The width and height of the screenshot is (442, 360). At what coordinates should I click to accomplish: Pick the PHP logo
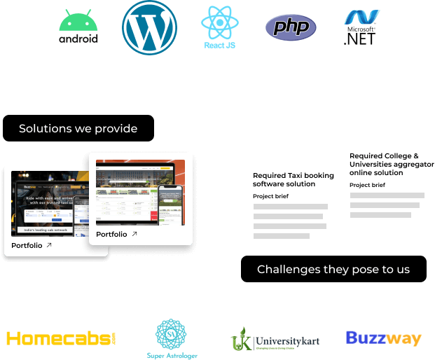291,29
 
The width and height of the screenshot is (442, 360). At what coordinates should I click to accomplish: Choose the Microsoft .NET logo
361,29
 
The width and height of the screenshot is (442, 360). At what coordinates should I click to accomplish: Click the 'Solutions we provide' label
78,129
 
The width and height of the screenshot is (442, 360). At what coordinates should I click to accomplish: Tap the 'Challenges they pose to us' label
333,269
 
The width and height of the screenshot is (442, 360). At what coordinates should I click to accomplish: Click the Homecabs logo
62,339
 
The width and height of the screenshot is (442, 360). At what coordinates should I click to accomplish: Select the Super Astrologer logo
172,339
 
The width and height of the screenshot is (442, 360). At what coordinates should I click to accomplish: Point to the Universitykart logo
277,340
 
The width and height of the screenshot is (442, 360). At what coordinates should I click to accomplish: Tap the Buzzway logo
383,339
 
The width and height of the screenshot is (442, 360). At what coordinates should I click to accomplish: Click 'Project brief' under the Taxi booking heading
270,196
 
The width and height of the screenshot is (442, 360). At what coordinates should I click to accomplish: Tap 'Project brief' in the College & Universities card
367,185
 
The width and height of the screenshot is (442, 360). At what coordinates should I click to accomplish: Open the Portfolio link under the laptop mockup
116,234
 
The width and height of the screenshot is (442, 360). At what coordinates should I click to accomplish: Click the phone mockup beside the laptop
170,203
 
